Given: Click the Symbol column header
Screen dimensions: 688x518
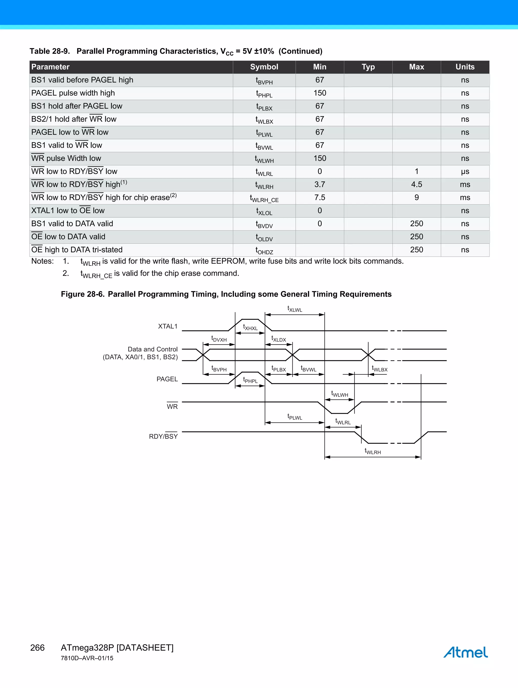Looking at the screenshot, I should (x=264, y=67).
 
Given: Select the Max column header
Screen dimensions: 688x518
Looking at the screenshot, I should (x=416, y=67).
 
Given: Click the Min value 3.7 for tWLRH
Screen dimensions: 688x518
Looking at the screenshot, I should (x=320, y=184).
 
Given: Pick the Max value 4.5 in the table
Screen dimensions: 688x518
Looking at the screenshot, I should (x=416, y=184).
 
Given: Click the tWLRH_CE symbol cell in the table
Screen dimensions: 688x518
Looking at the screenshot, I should (x=264, y=198).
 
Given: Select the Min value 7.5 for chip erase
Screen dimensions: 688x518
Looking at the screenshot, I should (x=320, y=198).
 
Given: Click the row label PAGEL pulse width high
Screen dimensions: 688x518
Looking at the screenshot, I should (x=73, y=93).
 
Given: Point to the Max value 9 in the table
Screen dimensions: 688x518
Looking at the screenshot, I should (x=416, y=198).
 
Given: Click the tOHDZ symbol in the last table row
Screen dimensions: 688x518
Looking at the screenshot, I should (x=264, y=251).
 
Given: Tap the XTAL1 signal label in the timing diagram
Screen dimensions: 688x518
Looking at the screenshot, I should (x=168, y=326).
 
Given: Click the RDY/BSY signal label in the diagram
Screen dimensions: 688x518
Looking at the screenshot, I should (x=163, y=436).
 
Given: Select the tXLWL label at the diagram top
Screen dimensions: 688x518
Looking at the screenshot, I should (x=294, y=309).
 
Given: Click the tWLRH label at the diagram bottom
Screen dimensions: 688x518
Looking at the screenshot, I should (x=373, y=451).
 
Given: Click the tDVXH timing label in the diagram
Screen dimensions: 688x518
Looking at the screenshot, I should (x=219, y=339).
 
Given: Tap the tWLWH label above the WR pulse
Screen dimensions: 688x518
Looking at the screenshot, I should (x=339, y=394).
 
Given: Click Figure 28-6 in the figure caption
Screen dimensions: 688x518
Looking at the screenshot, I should (x=82, y=294).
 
